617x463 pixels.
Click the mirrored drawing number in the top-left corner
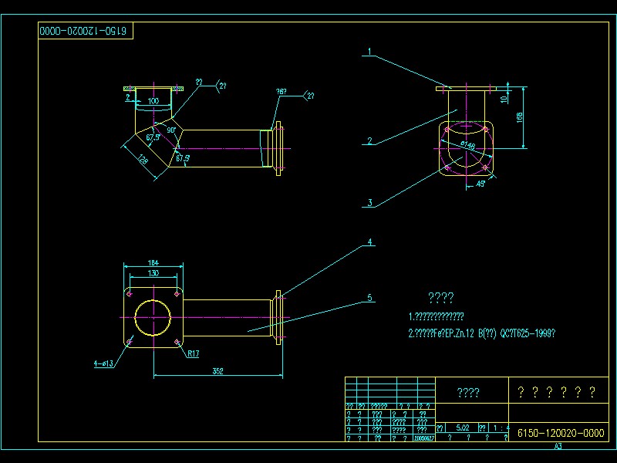point(86,32)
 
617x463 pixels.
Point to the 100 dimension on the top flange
point(153,101)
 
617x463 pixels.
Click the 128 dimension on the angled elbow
point(143,160)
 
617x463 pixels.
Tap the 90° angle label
point(171,130)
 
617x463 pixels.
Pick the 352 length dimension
point(217,371)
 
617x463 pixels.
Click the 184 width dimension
point(154,263)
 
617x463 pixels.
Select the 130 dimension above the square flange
point(154,273)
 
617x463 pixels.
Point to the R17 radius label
point(194,354)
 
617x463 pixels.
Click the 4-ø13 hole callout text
point(104,363)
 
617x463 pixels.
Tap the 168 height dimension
point(521,117)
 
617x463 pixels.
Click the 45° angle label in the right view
point(480,184)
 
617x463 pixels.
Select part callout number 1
point(370,52)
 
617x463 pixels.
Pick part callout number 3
point(370,203)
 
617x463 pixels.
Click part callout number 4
point(370,242)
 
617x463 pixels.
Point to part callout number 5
point(370,296)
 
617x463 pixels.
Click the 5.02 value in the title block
point(463,427)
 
